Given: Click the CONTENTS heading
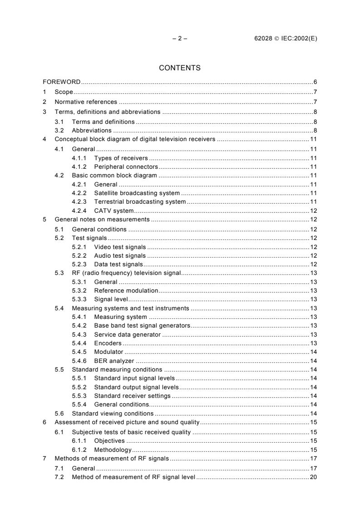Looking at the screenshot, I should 180,68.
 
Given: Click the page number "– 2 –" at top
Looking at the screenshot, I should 180,39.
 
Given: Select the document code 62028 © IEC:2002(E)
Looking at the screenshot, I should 286,39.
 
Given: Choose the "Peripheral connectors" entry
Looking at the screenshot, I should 123,167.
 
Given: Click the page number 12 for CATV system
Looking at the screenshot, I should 313,210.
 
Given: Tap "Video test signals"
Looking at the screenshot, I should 120,247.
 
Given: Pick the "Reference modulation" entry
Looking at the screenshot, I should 126,290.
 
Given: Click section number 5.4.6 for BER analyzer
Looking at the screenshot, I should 80,361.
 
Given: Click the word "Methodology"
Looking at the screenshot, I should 113,450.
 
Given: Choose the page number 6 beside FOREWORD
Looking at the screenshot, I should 315,82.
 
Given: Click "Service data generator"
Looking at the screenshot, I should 127,334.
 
